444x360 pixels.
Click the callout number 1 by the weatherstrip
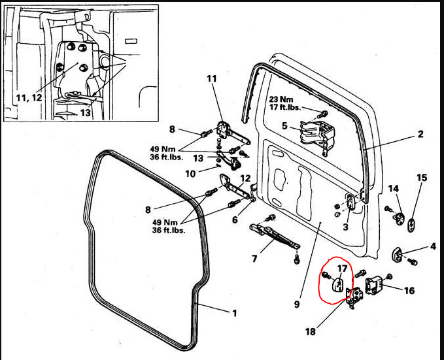tap(233, 312)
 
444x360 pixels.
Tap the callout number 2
tap(420, 135)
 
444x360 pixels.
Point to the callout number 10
tap(190, 173)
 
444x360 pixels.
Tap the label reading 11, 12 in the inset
tap(28, 97)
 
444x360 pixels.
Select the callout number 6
tap(235, 220)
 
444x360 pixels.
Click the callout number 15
tap(422, 178)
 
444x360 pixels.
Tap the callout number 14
tap(394, 188)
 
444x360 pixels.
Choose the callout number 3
tap(345, 227)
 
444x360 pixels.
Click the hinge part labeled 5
tap(312, 135)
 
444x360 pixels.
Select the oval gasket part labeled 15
tap(413, 225)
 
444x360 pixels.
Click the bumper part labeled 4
tap(398, 253)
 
